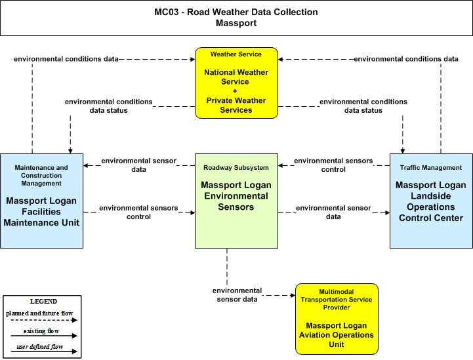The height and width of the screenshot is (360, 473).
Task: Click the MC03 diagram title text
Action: coord(236,18)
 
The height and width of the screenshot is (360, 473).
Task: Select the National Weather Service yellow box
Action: coord(236,83)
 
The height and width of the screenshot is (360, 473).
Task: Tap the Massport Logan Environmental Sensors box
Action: coord(236,201)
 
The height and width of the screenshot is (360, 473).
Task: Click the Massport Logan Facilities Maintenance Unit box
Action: coord(41,201)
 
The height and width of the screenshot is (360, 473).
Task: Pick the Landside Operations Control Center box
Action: coord(431,201)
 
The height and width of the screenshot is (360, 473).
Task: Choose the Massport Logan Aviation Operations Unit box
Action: coord(337,319)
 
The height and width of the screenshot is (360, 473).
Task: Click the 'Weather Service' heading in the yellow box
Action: coord(236,54)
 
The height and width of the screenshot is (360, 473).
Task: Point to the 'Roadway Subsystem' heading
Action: coord(236,168)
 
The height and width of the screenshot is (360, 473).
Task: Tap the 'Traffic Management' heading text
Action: coord(431,168)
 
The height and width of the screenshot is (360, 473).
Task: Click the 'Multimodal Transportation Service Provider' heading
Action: coord(337,300)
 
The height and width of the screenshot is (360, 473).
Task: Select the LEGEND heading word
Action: coord(43,301)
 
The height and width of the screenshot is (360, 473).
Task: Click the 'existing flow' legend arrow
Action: coord(44,336)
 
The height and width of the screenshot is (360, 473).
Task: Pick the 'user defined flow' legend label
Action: coord(40,347)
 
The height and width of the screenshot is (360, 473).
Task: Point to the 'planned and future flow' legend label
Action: coord(39,313)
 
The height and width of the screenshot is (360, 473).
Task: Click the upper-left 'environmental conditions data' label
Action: coord(66,59)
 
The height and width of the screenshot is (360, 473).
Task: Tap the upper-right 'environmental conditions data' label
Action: coord(406,59)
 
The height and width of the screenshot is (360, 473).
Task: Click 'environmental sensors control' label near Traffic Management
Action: coord(333,165)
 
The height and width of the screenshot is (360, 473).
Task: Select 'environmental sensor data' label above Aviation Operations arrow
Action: coord(237,295)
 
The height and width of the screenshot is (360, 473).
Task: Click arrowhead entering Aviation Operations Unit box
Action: coord(293,295)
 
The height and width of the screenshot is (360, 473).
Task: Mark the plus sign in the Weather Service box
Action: coord(235,91)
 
